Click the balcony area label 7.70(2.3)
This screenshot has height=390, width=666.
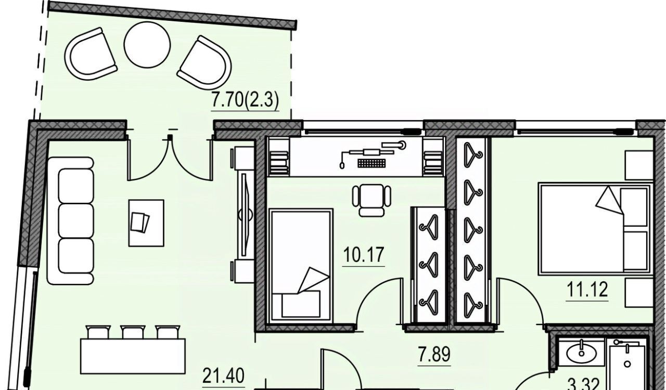pyautogui.click(x=245, y=100)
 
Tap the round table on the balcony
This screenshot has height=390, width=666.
pyautogui.click(x=147, y=45)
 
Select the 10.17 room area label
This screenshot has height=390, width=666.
pyautogui.click(x=363, y=255)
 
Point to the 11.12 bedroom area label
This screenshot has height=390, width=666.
pyautogui.click(x=587, y=290)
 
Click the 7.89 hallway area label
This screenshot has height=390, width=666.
pyautogui.click(x=434, y=354)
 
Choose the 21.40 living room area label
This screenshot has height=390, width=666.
pyautogui.click(x=223, y=376)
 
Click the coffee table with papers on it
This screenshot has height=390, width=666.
pyautogui.click(x=146, y=223)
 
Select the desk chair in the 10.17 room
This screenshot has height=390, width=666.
pyautogui.click(x=372, y=200)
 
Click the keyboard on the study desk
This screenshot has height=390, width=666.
pyautogui.click(x=372, y=163)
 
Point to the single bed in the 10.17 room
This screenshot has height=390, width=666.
pyautogui.click(x=300, y=265)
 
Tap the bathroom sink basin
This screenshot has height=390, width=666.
pyautogui.click(x=581, y=354)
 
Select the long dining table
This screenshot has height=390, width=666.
pyautogui.click(x=133, y=356)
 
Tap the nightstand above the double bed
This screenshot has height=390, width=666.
pyautogui.click(x=639, y=165)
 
